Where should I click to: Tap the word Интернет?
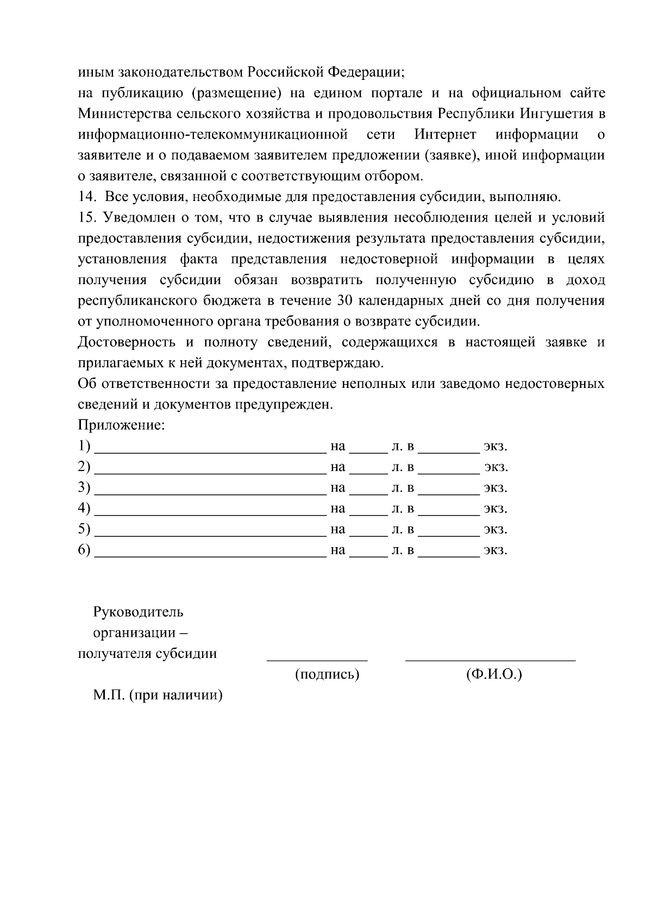pos(445,134)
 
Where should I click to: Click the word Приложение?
pos(121,425)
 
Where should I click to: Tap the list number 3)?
pos(84,487)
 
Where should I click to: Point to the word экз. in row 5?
pos(496,529)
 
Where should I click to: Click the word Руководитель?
pos(138,612)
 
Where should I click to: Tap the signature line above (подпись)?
pos(317,659)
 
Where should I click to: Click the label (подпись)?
pos(327,675)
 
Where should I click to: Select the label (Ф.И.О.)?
pos(494,675)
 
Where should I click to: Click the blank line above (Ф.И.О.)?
pos(490,659)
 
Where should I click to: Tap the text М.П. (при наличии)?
pos(158,695)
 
